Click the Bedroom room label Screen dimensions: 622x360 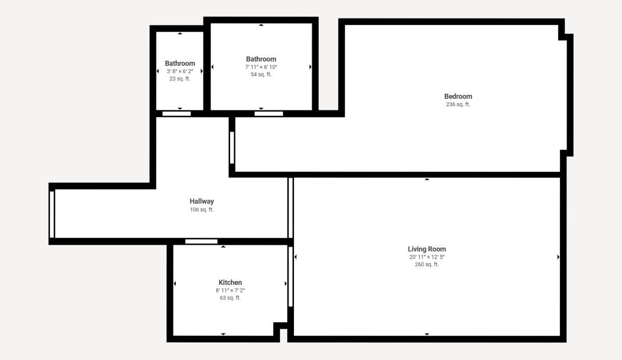click(458, 96)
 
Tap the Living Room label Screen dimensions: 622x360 click(427, 249)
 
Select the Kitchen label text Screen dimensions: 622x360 click(230, 282)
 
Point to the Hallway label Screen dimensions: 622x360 click(202, 201)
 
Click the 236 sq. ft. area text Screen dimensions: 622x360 click(458, 104)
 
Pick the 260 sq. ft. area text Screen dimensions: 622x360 click(427, 265)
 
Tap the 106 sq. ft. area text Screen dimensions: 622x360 click(202, 210)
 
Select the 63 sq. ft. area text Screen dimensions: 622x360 click(230, 298)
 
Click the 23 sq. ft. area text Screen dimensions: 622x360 click(180, 79)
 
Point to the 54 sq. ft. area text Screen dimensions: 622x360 click(261, 75)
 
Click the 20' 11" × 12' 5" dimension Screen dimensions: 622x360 click(427, 257)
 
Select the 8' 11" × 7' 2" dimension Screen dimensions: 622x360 click(230, 291)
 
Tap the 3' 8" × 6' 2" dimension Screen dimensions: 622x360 click(180, 71)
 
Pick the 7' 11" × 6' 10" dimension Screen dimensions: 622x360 click(261, 67)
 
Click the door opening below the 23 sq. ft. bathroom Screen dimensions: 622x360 click(177, 113)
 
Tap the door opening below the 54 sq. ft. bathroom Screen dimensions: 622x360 click(269, 113)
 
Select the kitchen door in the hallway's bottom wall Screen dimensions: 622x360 click(201, 241)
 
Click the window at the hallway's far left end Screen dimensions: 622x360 click(52, 214)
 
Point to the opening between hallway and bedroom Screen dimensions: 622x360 click(232, 148)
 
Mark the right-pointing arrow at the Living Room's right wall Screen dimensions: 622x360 click(558, 257)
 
